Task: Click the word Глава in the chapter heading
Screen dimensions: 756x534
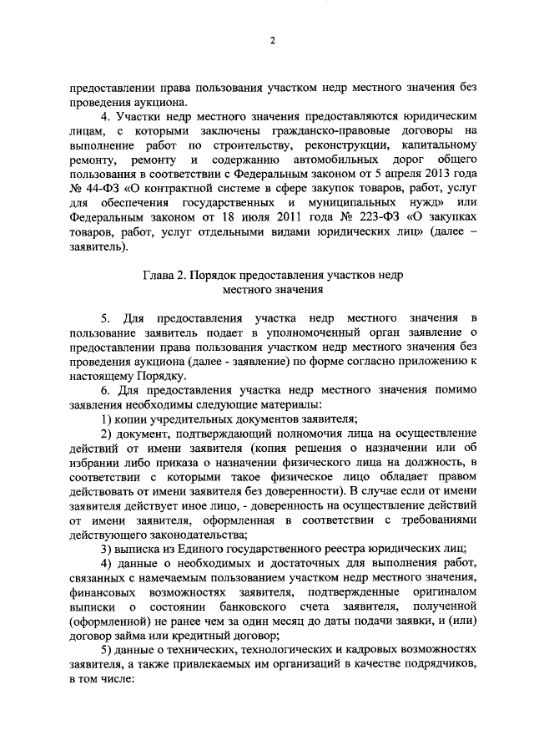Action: point(158,275)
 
